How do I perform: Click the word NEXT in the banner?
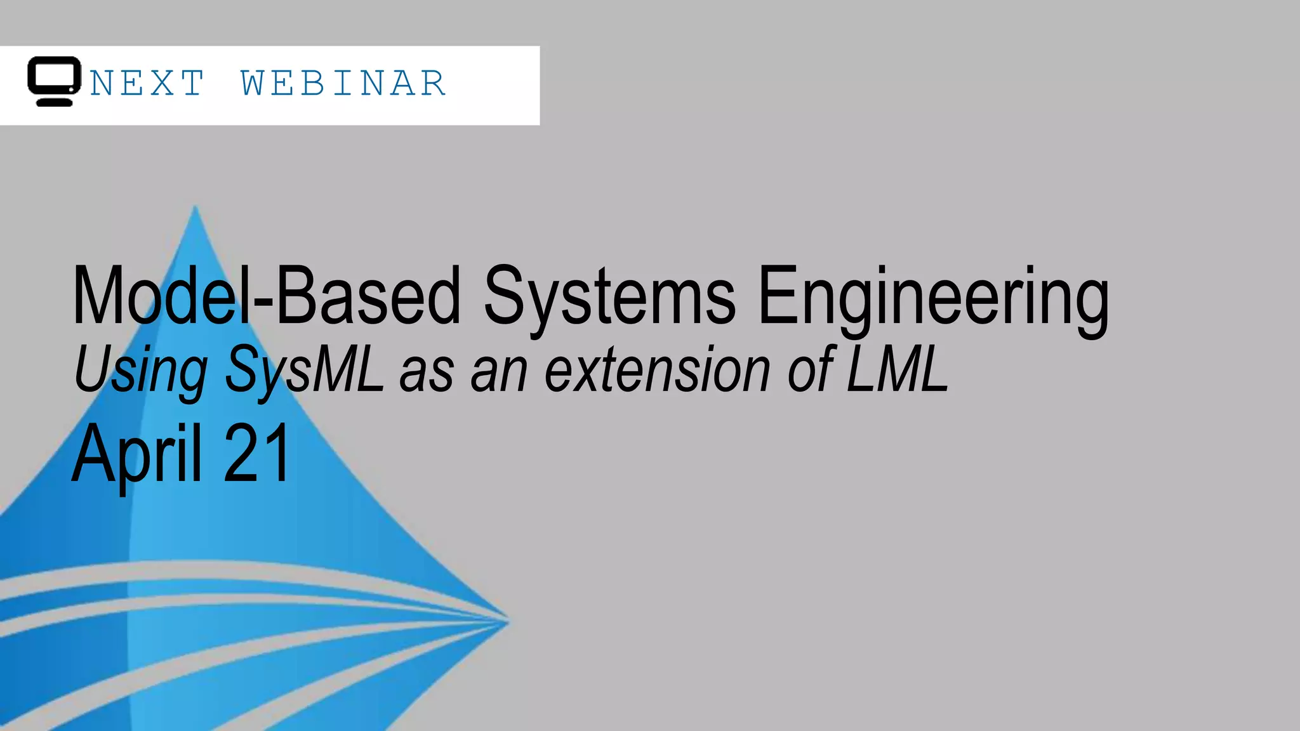[147, 84]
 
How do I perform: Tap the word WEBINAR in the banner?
[343, 84]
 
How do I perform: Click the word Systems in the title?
[609, 296]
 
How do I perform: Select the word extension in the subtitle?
[658, 370]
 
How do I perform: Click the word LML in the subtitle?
[898, 370]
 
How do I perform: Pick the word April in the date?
[136, 454]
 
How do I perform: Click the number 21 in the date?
[257, 454]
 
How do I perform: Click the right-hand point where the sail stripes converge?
[508, 621]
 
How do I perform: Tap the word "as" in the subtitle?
[427, 374]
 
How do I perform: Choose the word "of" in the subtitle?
[810, 370]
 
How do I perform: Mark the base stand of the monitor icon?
[55, 102]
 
